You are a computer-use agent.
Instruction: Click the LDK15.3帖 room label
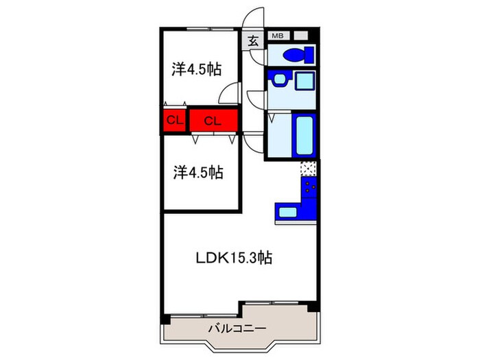(x=235, y=258)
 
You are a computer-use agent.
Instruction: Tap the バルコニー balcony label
(x=237, y=328)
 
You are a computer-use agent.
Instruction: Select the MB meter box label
(x=278, y=36)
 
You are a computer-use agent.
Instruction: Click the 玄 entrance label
(x=253, y=40)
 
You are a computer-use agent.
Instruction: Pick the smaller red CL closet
(x=174, y=120)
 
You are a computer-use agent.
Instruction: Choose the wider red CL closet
(x=213, y=120)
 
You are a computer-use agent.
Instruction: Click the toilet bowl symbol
(x=298, y=56)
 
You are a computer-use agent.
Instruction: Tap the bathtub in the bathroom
(x=304, y=135)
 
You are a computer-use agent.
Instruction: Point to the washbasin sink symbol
(x=279, y=80)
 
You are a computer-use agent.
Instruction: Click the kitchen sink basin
(x=288, y=212)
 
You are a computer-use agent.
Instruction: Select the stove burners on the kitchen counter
(x=309, y=187)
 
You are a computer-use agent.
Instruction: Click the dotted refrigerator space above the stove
(x=309, y=169)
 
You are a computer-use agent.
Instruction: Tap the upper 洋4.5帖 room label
(x=197, y=69)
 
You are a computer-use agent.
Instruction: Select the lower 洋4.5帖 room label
(x=198, y=173)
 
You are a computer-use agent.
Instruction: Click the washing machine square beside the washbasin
(x=304, y=81)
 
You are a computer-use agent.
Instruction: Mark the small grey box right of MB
(x=300, y=36)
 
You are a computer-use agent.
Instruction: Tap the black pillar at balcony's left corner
(x=165, y=320)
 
